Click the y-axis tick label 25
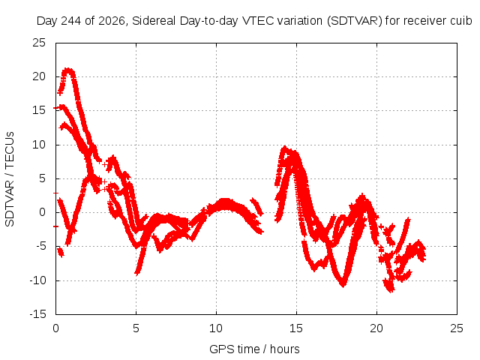coord(39,43)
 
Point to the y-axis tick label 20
coord(39,76)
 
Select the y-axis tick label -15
coord(37,314)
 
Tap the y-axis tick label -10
coord(37,280)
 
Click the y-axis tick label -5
coord(40,246)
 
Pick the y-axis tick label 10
coord(39,145)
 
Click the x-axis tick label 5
coord(136,328)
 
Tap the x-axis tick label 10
coord(216,328)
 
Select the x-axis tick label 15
coord(296,328)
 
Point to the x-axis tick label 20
coord(376,328)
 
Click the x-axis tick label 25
coord(457,328)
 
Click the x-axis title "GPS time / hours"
coord(254,349)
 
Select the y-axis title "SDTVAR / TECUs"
coord(10,179)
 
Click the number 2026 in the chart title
coord(112,21)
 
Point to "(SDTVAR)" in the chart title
coord(355,21)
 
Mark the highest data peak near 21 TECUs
coord(68,70)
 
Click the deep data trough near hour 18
coord(343,285)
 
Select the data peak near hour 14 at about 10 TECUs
coord(285,148)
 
